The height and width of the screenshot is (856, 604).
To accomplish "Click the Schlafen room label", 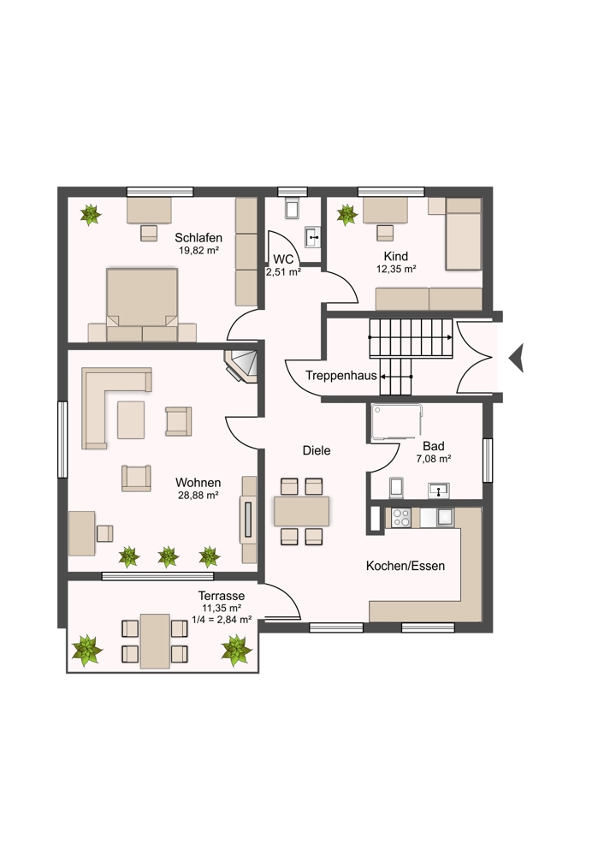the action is coord(198,237).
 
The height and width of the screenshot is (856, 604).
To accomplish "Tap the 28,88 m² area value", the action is coord(198,496).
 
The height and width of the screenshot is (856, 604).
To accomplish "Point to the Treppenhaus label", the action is coord(341,376).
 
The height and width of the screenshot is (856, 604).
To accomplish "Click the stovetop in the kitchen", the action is coord(401,518).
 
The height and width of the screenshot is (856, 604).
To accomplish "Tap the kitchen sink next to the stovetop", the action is coord(445,516).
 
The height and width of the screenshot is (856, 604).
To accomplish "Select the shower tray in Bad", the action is coord(397,422).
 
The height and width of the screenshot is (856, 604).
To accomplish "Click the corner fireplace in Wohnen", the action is coord(242,366).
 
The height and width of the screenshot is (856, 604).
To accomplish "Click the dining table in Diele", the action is coord(302,511).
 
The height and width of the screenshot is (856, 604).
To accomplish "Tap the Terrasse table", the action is coord(155,641).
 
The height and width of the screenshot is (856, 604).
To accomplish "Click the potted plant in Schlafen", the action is coord(91,215).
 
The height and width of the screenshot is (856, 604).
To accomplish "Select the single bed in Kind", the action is coord(463,234).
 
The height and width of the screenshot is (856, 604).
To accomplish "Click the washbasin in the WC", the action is coord(312,237).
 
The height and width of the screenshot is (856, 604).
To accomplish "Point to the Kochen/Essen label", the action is coord(406,566).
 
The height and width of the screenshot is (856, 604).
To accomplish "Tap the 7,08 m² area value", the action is coord(434,459).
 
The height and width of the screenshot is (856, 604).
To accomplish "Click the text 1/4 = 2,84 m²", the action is coord(222,619).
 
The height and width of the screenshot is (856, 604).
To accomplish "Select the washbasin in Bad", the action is coord(438,490).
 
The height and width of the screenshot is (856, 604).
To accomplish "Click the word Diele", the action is coord(317,450).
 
